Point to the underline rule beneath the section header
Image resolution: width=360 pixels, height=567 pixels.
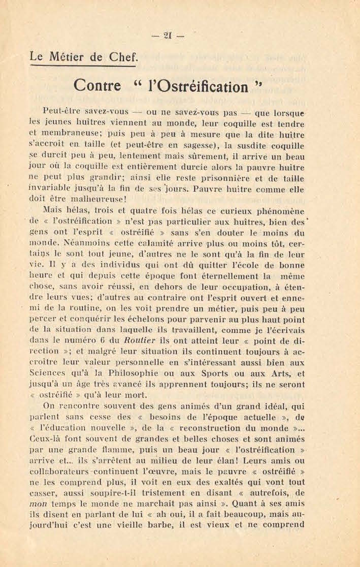point(82,66)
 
